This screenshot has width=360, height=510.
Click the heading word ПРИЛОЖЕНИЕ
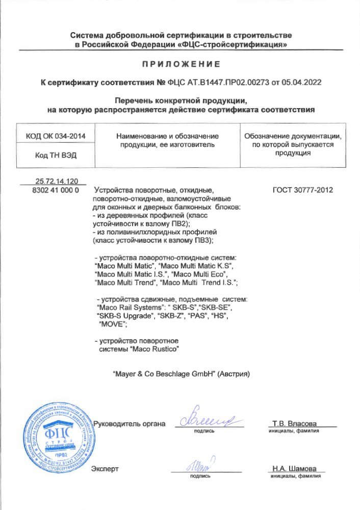click(181, 64)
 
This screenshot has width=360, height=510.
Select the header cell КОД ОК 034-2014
click(56, 136)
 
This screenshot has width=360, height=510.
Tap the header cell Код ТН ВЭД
click(56, 156)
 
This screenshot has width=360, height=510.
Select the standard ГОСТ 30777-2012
click(303, 190)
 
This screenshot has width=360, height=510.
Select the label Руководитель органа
click(130, 424)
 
